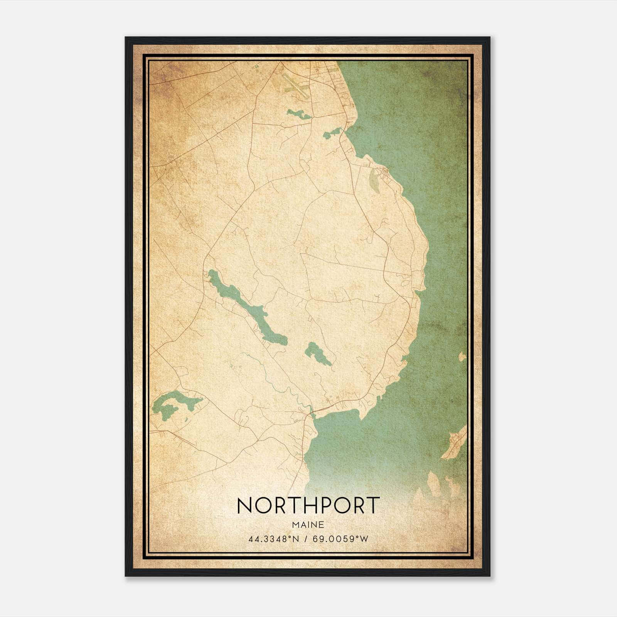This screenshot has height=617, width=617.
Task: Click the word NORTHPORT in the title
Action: [x=308, y=505]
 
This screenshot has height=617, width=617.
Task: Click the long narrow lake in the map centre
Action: [x=247, y=305]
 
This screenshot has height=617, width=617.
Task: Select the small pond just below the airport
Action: [x=298, y=114]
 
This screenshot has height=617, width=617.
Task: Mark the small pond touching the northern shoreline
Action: [x=332, y=133]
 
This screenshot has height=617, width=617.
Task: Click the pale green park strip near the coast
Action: [x=373, y=179]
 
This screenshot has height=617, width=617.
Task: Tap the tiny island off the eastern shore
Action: [x=462, y=357]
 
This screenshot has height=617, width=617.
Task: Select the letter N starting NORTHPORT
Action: [x=244, y=505]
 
